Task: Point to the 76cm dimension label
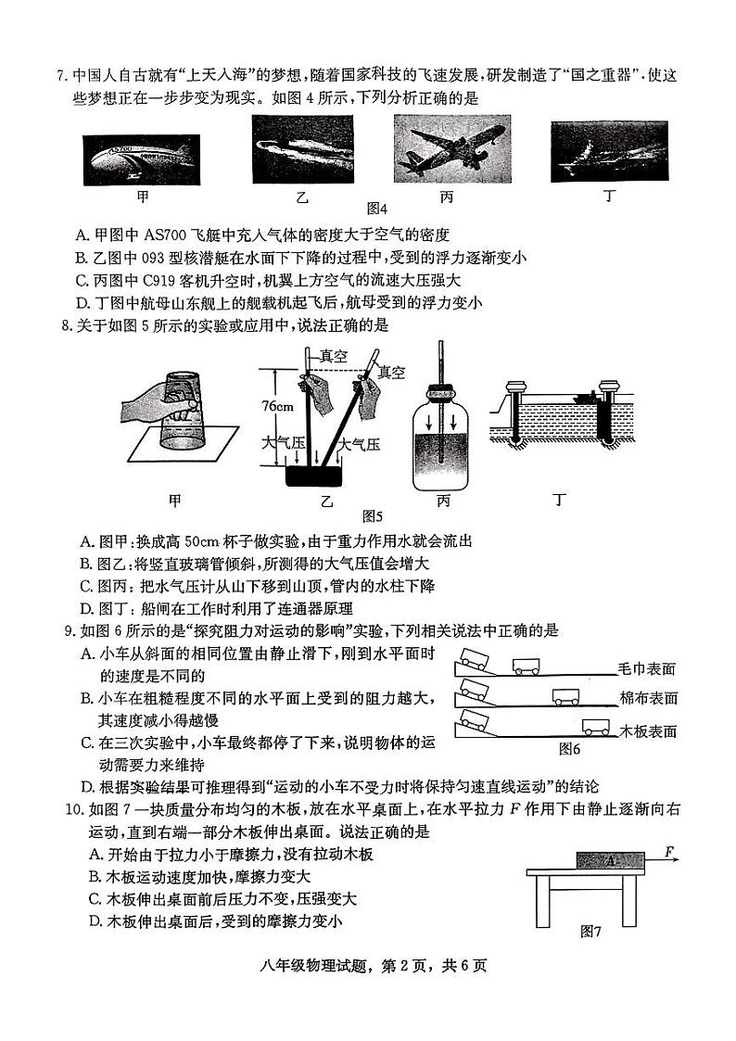[x=277, y=407]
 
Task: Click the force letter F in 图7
[x=668, y=850]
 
